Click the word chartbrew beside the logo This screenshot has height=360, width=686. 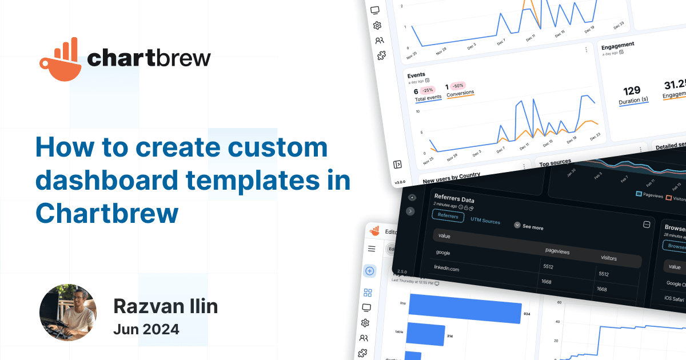(x=149, y=58)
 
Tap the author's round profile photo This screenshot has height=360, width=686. (x=67, y=313)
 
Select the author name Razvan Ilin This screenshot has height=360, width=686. (x=165, y=306)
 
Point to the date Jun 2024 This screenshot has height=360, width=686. (x=146, y=329)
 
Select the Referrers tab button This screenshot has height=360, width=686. (x=448, y=215)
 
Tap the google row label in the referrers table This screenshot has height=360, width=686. (x=444, y=252)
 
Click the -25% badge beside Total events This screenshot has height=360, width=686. (x=428, y=90)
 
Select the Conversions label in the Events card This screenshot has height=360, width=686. (x=460, y=93)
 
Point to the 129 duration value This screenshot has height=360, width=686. (x=632, y=91)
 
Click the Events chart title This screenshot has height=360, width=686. (x=416, y=75)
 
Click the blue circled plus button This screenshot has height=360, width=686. (x=370, y=271)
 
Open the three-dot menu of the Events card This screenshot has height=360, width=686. (x=586, y=50)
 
